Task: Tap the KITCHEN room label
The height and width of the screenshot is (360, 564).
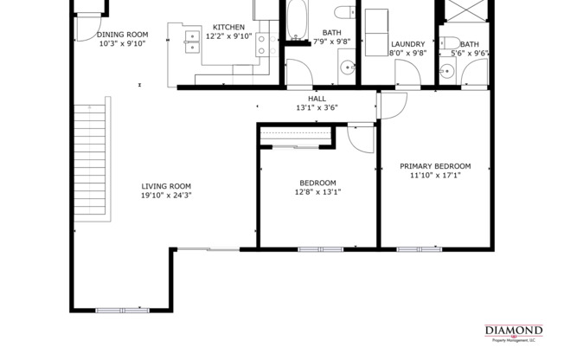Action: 229,28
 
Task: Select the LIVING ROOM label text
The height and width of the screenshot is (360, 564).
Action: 166,186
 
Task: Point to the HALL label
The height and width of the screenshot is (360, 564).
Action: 317,99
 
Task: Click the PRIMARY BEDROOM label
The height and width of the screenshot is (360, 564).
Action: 435,166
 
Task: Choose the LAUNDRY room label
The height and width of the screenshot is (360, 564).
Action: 407,44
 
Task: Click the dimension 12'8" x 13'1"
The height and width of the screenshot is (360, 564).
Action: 317,192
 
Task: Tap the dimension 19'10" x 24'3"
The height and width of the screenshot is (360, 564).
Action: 166,196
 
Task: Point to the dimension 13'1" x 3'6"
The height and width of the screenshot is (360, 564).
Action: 317,108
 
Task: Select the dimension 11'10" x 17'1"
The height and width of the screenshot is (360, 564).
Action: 435,176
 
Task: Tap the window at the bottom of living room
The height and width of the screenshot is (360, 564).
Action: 122,310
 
